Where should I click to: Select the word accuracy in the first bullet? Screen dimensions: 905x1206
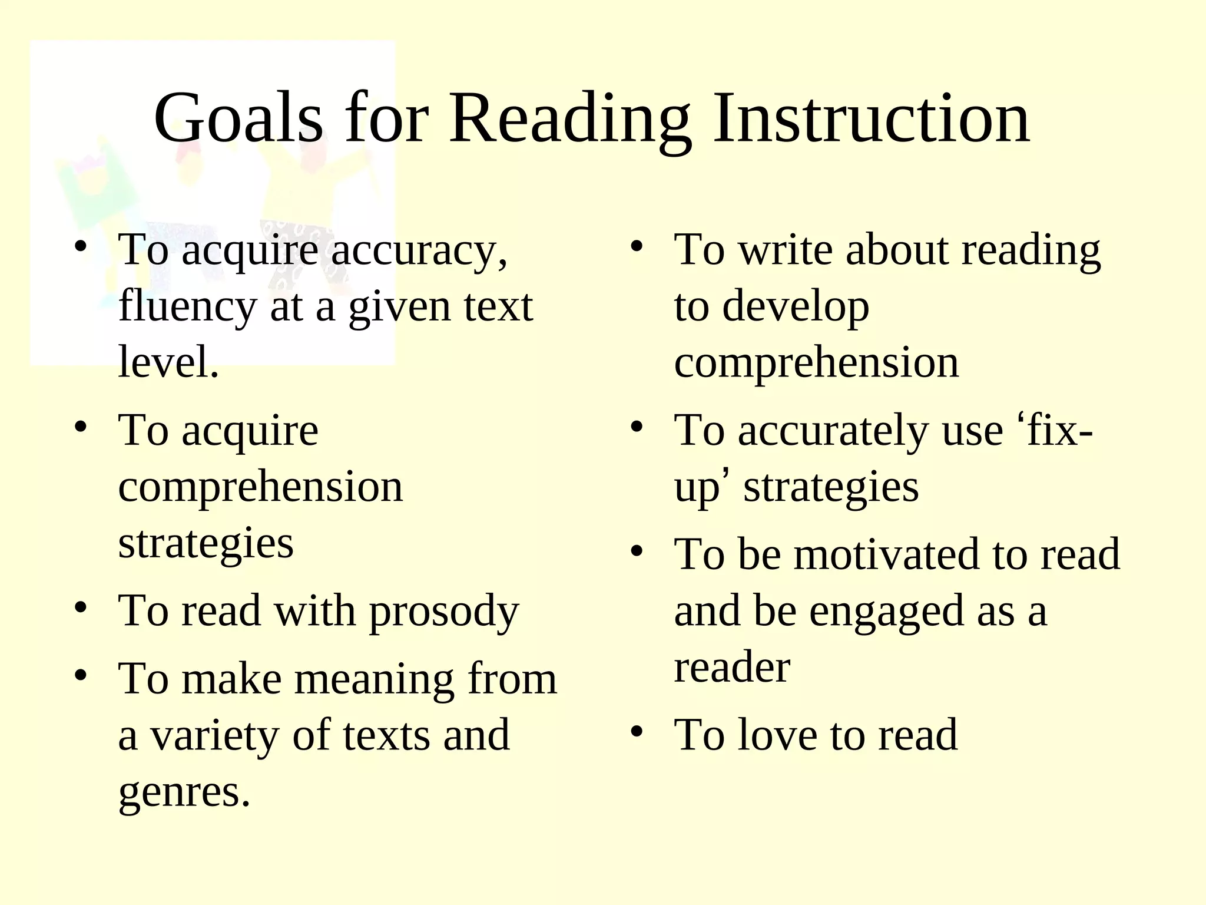pyautogui.click(x=419, y=251)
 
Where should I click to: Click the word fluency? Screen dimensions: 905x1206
pyautogui.click(x=187, y=308)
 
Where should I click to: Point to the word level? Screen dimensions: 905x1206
pyautogui.click(x=168, y=362)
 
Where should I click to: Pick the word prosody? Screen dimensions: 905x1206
pyautogui.click(x=444, y=612)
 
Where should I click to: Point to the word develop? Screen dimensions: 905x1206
pyautogui.click(x=795, y=308)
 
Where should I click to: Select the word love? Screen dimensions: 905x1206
pyautogui.click(x=777, y=735)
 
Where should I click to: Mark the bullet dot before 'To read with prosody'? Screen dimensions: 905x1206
pyautogui.click(x=81, y=607)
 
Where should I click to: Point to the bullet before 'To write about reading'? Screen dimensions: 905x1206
pyautogui.click(x=636, y=246)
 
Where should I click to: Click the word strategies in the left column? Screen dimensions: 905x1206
pyautogui.click(x=206, y=543)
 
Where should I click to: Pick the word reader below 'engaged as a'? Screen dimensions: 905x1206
pyautogui.click(x=732, y=668)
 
